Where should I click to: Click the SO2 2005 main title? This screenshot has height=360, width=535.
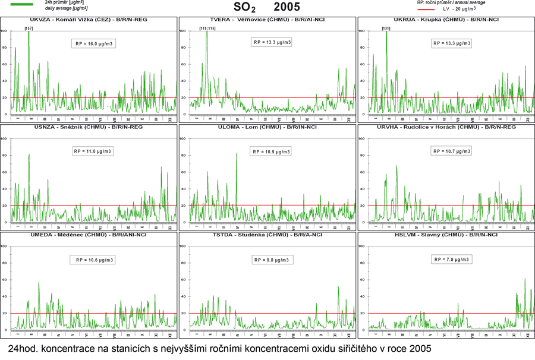tap(267, 8)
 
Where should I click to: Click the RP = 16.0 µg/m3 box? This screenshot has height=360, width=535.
tap(93, 44)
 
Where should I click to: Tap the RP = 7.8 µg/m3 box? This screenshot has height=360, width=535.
tap(451, 259)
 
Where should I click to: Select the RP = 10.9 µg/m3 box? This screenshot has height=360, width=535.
tap(272, 151)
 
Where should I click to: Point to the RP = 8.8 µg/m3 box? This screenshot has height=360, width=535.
tap(272, 260)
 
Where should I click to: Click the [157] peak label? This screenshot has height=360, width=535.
tap(29, 28)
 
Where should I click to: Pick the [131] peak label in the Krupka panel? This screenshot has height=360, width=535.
tap(386, 28)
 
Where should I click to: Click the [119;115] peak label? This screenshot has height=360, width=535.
tap(207, 28)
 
